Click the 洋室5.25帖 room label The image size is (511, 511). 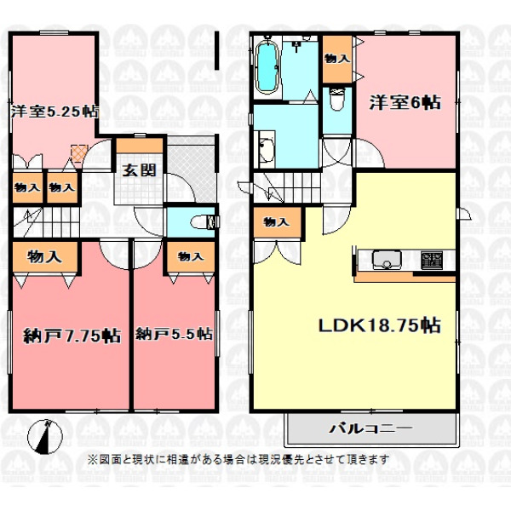pos(55,112)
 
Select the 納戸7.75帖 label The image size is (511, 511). pos(72,336)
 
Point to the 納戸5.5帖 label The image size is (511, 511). pos(174,335)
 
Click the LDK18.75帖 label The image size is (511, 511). pos(380,325)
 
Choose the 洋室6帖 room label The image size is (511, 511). pos(405,103)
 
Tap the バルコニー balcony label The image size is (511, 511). pos(370,428)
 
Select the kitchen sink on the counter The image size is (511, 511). pos(387,260)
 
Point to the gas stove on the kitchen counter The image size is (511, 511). pos(432,260)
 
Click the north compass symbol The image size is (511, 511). pos(45,438)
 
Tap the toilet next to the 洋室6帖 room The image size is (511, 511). pos(337,99)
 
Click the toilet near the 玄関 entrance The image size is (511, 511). pos(204,222)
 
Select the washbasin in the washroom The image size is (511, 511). pos(267,149)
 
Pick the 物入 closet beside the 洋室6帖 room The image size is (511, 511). pos(337,59)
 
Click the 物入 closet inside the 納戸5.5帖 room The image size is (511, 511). pos(191,256)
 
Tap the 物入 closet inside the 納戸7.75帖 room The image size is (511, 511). pos(44,257)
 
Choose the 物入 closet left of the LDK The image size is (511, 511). pos(277,222)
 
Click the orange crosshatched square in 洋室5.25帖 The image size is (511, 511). pos(79,153)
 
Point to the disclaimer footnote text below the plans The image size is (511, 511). pos(238,460)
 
